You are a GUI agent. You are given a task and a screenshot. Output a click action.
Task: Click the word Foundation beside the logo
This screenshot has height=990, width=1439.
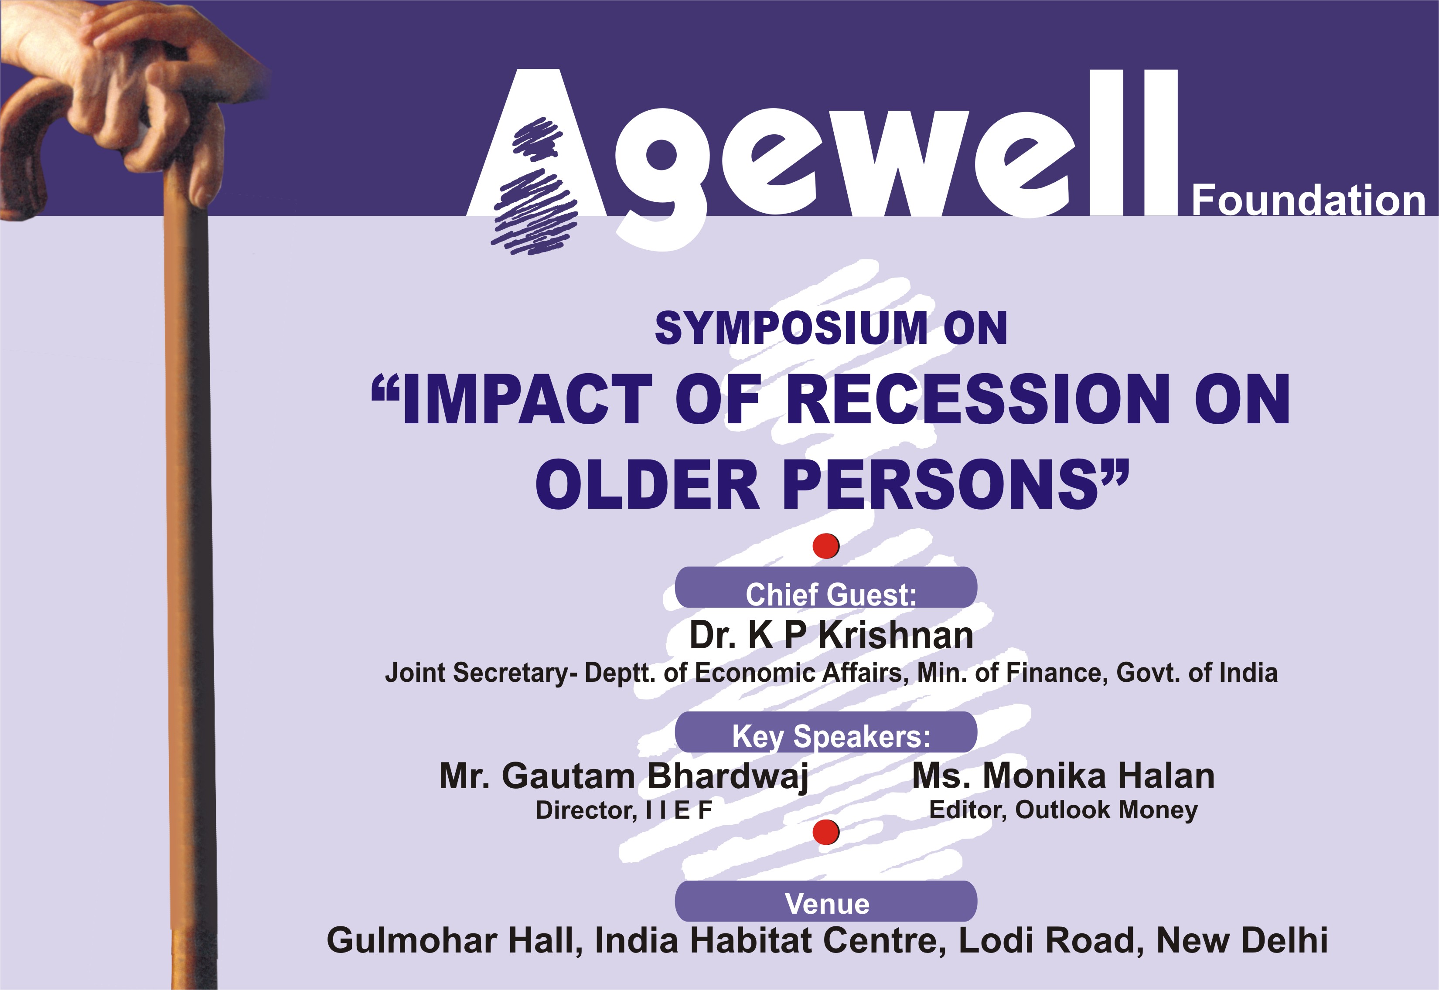coord(1308,201)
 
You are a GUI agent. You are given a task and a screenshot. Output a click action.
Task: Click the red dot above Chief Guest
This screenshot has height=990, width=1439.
coord(826,546)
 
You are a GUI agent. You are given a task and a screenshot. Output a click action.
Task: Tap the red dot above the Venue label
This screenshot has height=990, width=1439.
coord(826,832)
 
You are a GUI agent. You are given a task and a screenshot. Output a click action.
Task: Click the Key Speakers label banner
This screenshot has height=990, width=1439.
coord(826,732)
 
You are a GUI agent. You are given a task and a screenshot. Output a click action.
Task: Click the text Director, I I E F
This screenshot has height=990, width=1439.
coord(624,810)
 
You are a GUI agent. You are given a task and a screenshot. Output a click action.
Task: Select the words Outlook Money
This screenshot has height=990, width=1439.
coord(1106,810)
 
